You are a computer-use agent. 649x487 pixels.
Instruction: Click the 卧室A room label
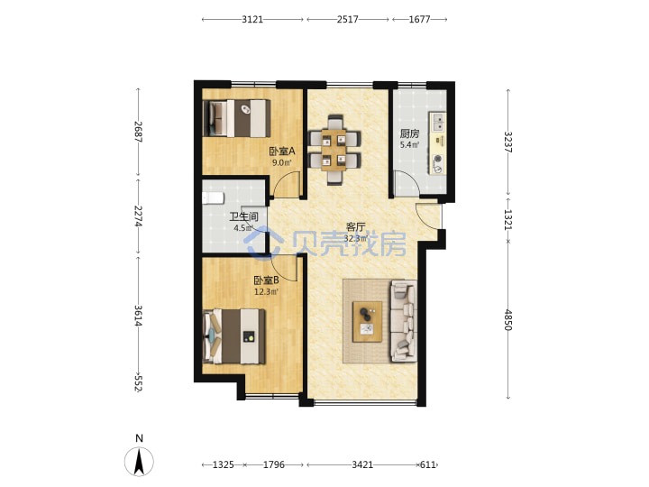point(282,152)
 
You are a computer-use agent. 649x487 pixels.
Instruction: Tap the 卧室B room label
point(266,280)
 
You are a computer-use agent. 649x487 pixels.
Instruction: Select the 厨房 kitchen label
point(409,133)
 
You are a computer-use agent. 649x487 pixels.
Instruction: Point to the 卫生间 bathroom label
point(243,216)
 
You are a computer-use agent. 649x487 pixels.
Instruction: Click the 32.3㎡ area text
point(356,238)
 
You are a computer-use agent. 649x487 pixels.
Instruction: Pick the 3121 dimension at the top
point(252,19)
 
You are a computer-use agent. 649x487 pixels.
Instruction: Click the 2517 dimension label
point(347,19)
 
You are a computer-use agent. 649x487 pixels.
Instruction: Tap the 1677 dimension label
point(419,19)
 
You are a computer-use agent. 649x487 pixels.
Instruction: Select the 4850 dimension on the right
point(508,319)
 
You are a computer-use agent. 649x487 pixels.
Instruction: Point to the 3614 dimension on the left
point(138,316)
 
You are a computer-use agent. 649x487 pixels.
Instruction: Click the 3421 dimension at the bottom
point(362,464)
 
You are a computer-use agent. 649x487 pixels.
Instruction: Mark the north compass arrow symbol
point(139,462)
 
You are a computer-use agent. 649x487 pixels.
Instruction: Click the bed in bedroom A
point(237,118)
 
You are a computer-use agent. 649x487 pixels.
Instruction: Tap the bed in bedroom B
point(233,336)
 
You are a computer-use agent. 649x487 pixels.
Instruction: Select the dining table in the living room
point(334,151)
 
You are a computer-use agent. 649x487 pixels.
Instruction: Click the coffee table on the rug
point(367,322)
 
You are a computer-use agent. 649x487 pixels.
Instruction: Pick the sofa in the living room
point(404,321)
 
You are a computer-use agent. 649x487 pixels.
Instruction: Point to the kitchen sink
point(438,122)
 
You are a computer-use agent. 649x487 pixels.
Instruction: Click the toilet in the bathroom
point(213,198)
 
